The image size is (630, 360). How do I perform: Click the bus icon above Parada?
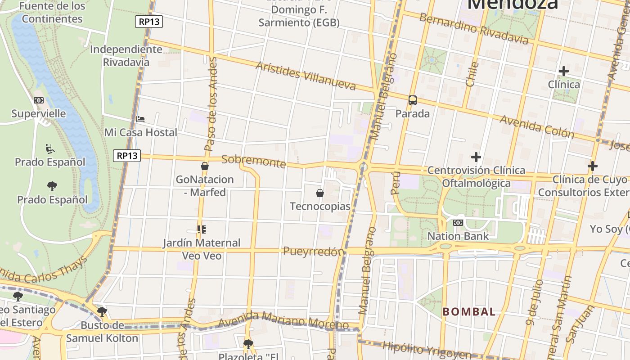[412, 100]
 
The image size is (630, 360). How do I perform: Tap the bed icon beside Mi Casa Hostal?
[140, 119]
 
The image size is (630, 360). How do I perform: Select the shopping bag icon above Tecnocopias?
[320, 193]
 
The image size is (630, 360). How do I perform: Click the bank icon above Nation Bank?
[458, 223]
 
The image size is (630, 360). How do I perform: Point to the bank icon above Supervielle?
[39, 100]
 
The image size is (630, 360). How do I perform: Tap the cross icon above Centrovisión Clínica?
[476, 157]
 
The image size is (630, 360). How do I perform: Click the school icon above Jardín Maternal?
[202, 229]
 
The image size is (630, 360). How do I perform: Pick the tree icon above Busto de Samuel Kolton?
[102, 311]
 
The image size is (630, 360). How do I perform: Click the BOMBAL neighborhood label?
[469, 311]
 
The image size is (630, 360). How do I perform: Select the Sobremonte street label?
[254, 161]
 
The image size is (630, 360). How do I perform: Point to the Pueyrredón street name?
[313, 252]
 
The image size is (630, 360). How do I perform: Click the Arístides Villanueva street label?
[306, 76]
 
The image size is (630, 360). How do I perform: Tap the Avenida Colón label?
[537, 126]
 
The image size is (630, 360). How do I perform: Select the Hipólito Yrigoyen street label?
[427, 351]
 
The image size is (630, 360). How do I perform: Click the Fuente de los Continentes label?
[52, 13]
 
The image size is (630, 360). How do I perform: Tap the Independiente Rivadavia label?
[126, 56]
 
